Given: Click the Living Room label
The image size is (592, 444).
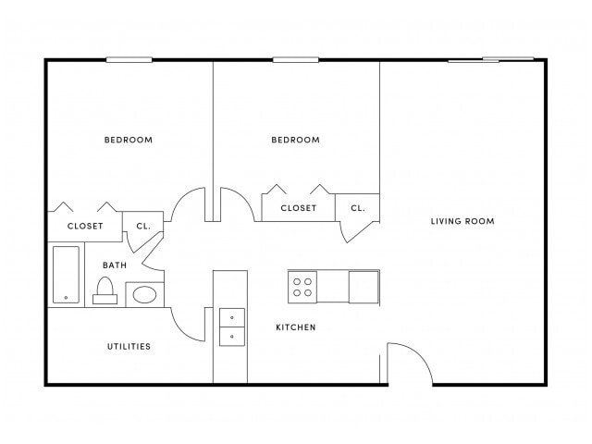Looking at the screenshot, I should (462, 221).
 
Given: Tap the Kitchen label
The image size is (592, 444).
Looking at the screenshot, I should (296, 327).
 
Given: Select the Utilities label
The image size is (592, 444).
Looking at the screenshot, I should (129, 347).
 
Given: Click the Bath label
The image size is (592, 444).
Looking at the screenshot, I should (114, 265).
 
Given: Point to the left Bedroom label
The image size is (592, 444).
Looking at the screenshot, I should (129, 141).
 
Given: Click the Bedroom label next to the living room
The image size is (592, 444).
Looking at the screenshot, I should (295, 141).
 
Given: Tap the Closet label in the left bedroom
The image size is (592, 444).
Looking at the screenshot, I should (85, 226).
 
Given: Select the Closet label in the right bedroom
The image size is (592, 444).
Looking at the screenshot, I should (298, 208).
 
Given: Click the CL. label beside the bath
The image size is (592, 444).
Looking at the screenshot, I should (143, 226).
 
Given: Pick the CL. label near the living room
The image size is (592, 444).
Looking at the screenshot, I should (357, 208).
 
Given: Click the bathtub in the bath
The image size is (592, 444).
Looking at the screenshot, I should (66, 274).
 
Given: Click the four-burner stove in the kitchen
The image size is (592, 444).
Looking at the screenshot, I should (302, 286).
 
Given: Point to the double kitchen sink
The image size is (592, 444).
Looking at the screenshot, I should (231, 327).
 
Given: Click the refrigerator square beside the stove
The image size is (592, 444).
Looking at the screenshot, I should (364, 286).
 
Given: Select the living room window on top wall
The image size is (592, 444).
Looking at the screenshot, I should (491, 60).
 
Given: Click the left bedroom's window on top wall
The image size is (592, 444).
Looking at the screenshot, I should (129, 60).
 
